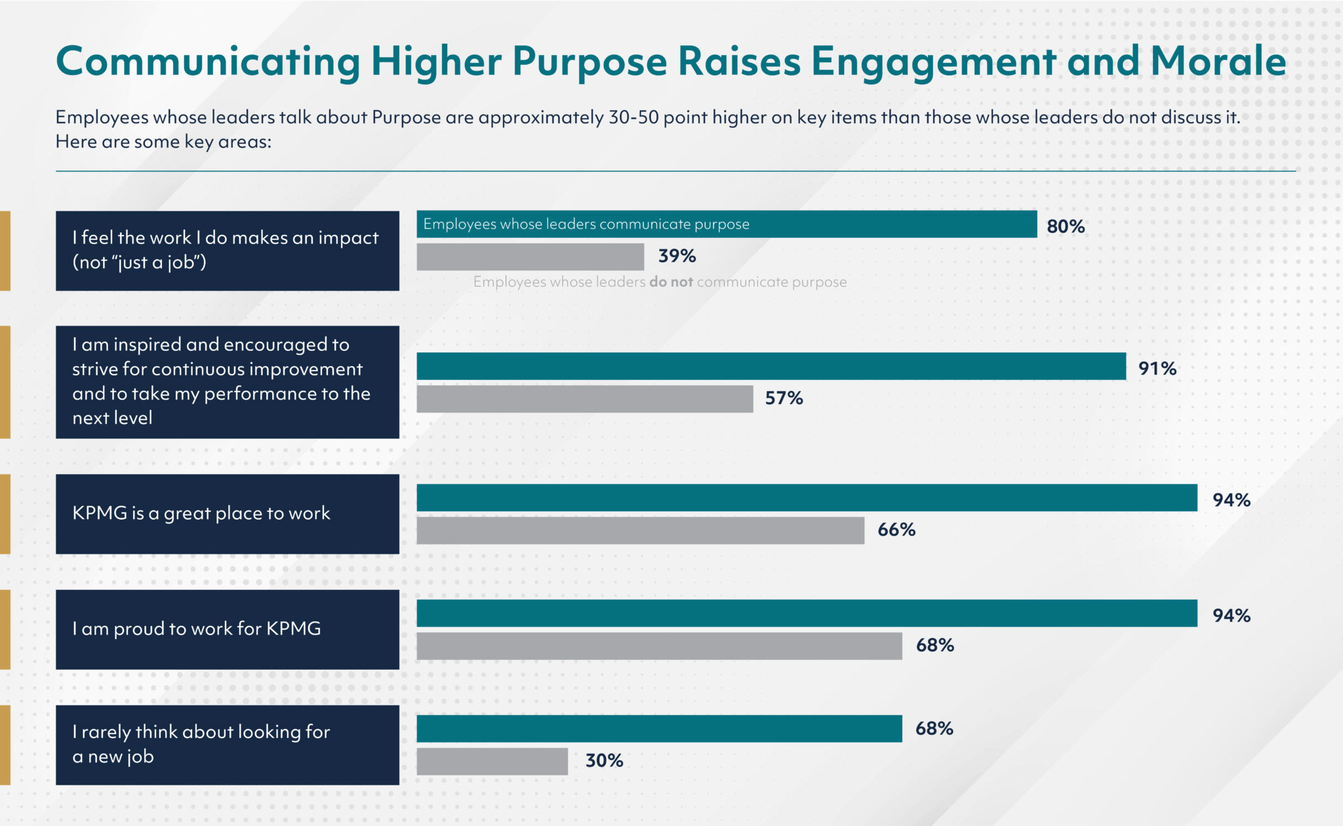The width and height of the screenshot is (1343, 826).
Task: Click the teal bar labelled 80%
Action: coord(727,224)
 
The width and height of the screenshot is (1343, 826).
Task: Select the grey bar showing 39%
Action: coord(530,257)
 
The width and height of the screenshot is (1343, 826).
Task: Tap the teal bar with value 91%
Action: coord(771,366)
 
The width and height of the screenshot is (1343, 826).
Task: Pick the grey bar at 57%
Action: coord(584,399)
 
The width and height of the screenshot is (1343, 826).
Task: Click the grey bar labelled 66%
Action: coord(640,530)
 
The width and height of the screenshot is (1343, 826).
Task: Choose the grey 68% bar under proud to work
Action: coord(659,646)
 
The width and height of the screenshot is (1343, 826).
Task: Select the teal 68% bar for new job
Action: coord(659,729)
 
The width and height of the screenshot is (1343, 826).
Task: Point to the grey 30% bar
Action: coord(492,762)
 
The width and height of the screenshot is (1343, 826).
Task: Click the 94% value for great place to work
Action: coord(1231,500)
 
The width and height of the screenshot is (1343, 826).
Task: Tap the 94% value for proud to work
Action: coord(1231,615)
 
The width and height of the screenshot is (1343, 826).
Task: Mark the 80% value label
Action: coord(1065,226)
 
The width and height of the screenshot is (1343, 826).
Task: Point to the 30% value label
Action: coord(604,760)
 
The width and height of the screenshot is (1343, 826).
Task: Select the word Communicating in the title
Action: coord(208,63)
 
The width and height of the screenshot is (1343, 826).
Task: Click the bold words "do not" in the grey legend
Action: coord(671,282)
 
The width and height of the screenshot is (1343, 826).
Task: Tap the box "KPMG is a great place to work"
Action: coord(227,514)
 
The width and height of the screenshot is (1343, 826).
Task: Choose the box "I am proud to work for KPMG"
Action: coord(227,629)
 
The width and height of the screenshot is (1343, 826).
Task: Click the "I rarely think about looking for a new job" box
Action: coord(227,745)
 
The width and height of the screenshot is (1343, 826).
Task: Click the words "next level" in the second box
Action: coord(112,418)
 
